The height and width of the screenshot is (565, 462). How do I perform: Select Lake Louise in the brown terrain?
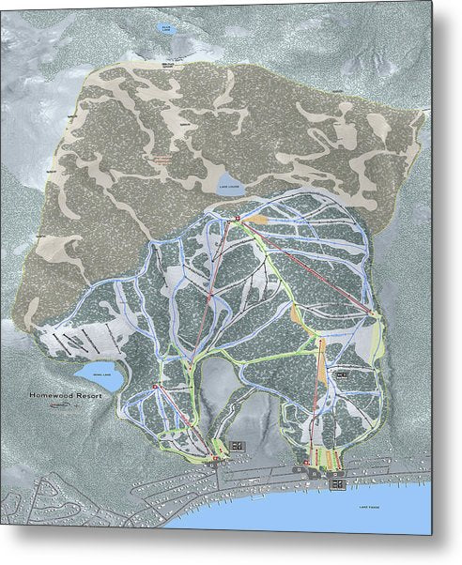tap(231, 181)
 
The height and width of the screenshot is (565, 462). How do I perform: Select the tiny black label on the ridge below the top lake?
tap(169, 64)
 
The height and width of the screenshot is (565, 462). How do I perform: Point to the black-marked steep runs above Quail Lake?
tap(75, 339)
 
